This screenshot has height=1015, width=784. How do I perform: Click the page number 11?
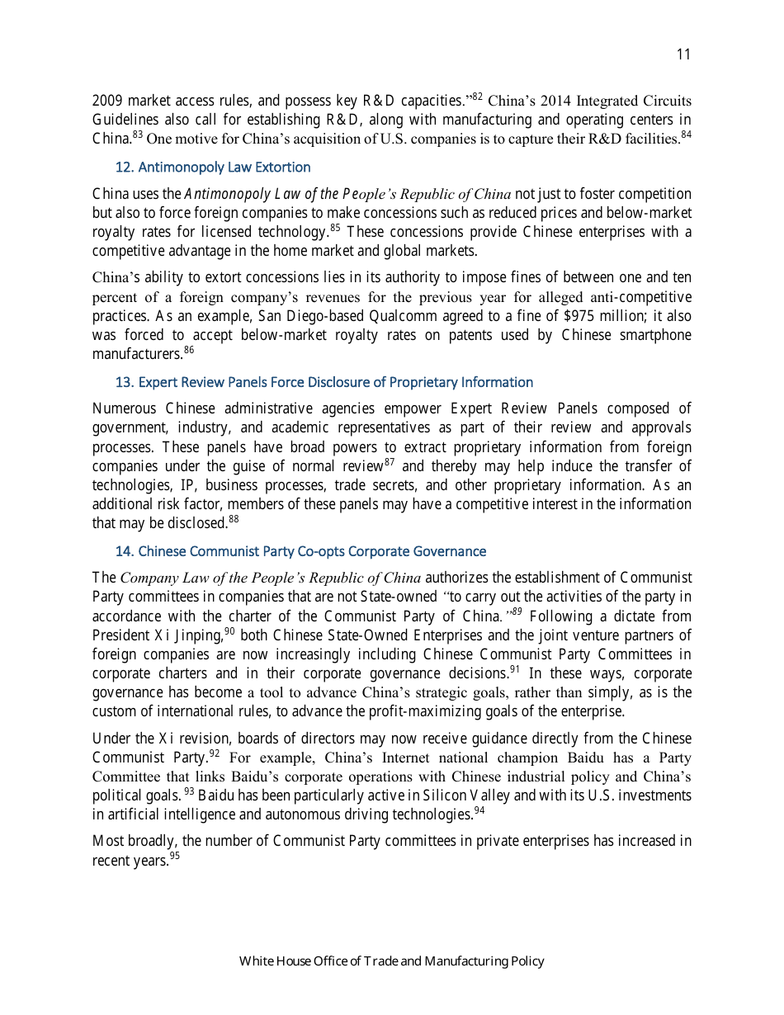pos(682,54)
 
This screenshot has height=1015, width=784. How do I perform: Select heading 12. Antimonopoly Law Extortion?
pos(213,168)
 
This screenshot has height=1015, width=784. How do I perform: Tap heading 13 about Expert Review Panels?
pos(324,382)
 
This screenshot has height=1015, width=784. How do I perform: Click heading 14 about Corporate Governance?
pos(300,551)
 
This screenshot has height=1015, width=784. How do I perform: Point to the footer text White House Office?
pos(391,961)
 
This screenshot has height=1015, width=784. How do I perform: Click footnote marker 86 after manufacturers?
pos(189,351)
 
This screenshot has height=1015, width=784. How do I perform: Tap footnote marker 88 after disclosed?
pos(234,519)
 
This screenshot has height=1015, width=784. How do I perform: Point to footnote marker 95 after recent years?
pos(174,857)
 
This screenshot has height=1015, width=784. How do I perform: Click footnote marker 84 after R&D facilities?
pos(686,135)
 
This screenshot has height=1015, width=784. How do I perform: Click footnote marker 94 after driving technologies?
pos(479,811)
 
